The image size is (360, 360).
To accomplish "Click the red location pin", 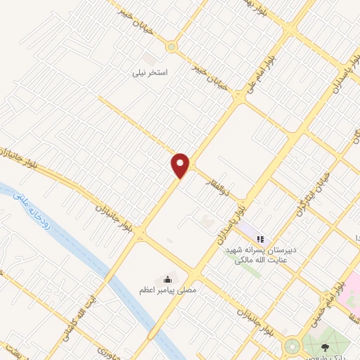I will [181, 165].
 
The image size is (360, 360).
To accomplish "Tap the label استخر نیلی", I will [150, 72].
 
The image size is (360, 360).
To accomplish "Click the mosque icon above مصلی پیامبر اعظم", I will [167, 280].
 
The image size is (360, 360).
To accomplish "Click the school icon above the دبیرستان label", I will [259, 240].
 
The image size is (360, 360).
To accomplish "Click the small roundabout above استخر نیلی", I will [171, 47].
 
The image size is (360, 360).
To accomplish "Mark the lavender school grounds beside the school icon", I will [246, 231].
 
